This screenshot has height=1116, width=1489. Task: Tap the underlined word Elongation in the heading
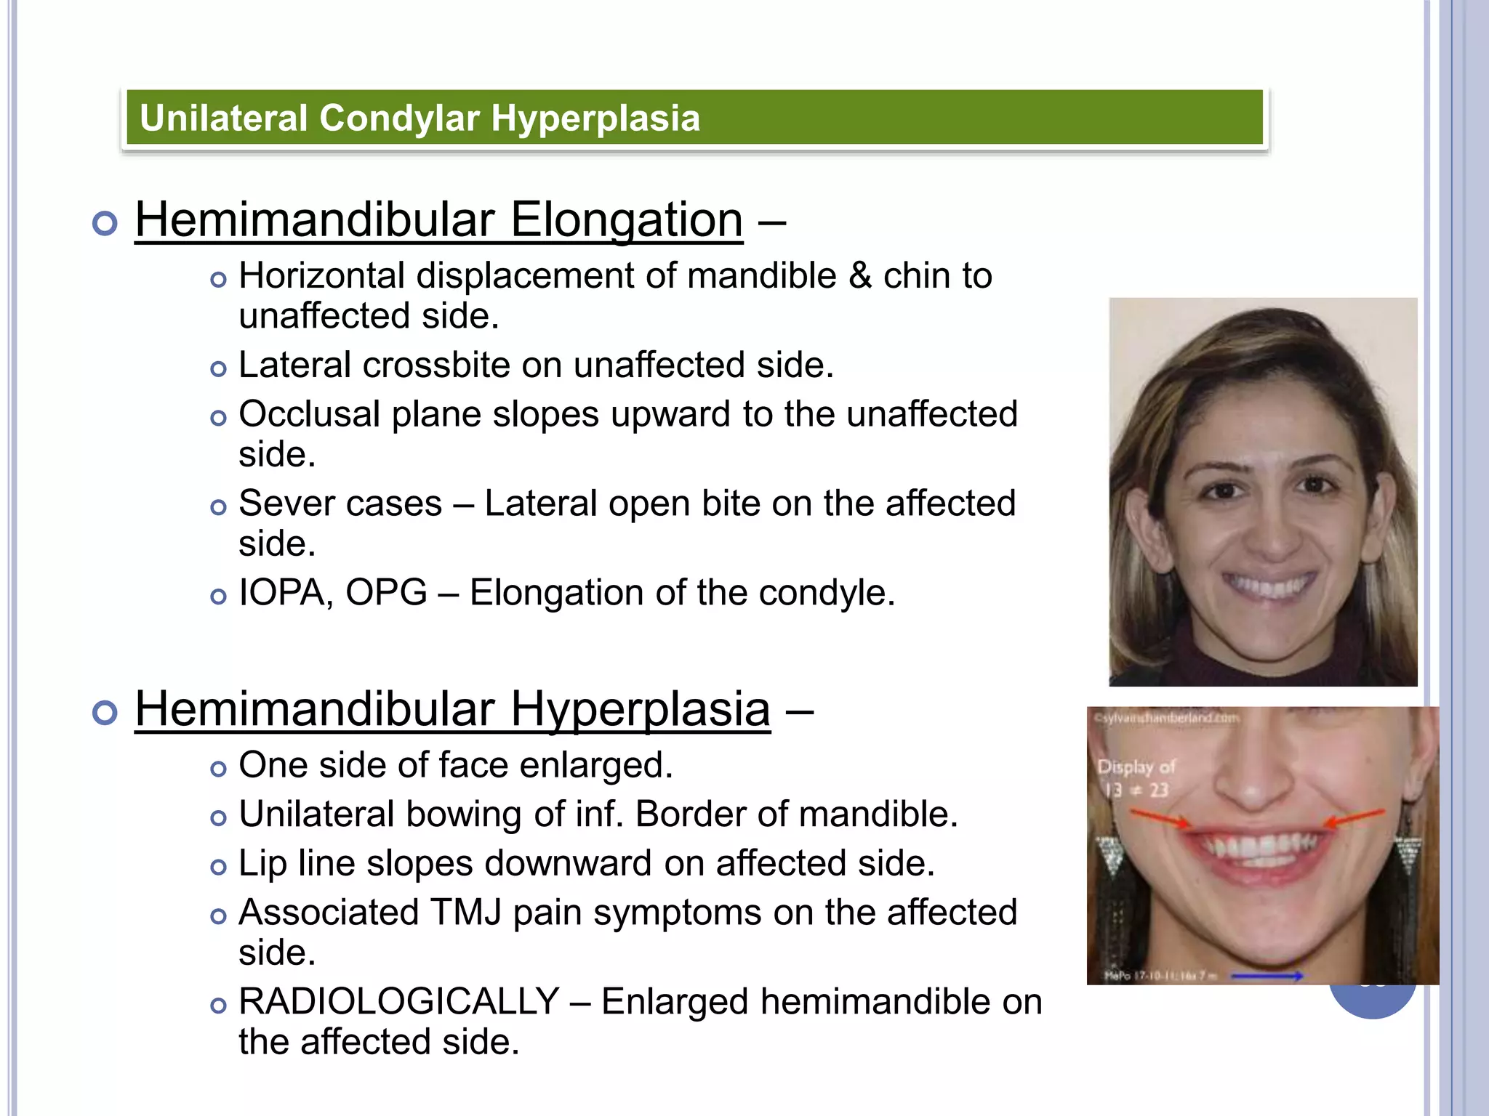click(626, 219)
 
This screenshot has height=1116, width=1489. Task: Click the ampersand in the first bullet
click(860, 276)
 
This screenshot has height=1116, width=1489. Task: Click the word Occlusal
click(309, 414)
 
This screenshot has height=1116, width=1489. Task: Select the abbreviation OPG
click(385, 593)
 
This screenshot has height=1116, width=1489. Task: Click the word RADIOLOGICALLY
click(398, 1002)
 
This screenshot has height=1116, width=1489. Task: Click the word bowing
click(463, 814)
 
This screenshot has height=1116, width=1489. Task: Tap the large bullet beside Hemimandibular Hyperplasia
click(105, 713)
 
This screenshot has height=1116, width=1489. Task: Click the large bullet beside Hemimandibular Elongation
click(105, 223)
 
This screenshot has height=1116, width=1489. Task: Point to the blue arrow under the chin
click(1266, 976)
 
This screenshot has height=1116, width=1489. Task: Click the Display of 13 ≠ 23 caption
click(1135, 778)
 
